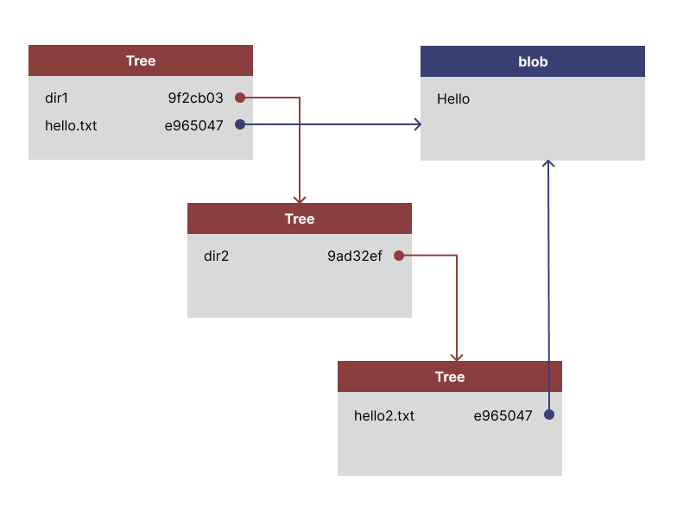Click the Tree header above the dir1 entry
(141, 60)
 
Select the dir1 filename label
(56, 98)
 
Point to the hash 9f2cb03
(195, 98)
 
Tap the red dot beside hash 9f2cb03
(240, 98)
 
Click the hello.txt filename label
(71, 125)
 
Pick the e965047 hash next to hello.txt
(194, 125)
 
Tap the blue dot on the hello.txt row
(240, 124)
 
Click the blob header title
(533, 61)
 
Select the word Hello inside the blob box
(453, 99)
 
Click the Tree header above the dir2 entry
(300, 218)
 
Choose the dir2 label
(216, 256)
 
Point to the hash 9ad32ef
(354, 256)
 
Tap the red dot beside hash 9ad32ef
(399, 256)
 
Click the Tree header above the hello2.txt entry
(450, 376)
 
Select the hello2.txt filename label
(384, 415)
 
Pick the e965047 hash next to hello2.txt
(503, 415)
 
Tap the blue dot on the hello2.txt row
(549, 414)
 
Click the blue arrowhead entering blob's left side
(418, 124)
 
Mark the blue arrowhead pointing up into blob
(548, 163)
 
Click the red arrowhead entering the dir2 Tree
(300, 199)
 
